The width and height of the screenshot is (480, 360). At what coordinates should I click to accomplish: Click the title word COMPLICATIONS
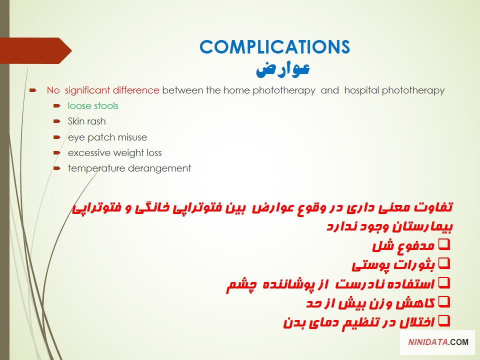click(274, 47)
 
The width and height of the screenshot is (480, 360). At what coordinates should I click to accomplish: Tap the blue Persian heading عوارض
click(282, 69)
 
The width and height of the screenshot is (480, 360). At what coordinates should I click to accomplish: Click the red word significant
click(87, 90)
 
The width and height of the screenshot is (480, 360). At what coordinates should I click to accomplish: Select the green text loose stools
click(93, 106)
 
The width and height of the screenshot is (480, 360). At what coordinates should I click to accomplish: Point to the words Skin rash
click(86, 121)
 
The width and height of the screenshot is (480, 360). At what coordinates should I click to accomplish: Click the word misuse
click(133, 137)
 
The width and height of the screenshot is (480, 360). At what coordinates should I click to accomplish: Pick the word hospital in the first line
click(361, 90)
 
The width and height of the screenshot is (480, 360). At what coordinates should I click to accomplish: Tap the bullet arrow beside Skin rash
click(57, 121)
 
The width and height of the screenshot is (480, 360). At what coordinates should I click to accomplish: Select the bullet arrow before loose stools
click(57, 106)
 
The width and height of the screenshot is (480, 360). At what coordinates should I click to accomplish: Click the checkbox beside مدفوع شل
click(444, 244)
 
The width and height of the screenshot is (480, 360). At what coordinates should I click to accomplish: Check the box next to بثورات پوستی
click(444, 263)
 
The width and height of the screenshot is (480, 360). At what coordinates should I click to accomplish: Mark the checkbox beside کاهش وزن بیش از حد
click(444, 302)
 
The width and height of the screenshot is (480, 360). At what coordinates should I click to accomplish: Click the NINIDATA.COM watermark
click(438, 342)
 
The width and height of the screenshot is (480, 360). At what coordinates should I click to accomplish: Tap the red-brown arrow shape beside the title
click(35, 50)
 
